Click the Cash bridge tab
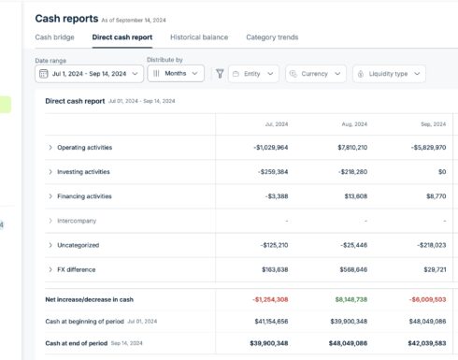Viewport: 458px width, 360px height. click(x=54, y=37)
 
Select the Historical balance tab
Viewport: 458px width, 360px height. click(x=199, y=37)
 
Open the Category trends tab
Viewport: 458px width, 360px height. click(x=272, y=37)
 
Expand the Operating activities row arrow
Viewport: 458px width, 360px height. click(x=50, y=148)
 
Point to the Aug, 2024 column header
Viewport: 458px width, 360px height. click(x=354, y=122)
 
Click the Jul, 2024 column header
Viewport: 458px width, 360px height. click(x=276, y=122)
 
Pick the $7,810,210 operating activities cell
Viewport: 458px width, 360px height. click(x=346, y=148)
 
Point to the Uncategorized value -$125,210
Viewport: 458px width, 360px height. click(x=268, y=245)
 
